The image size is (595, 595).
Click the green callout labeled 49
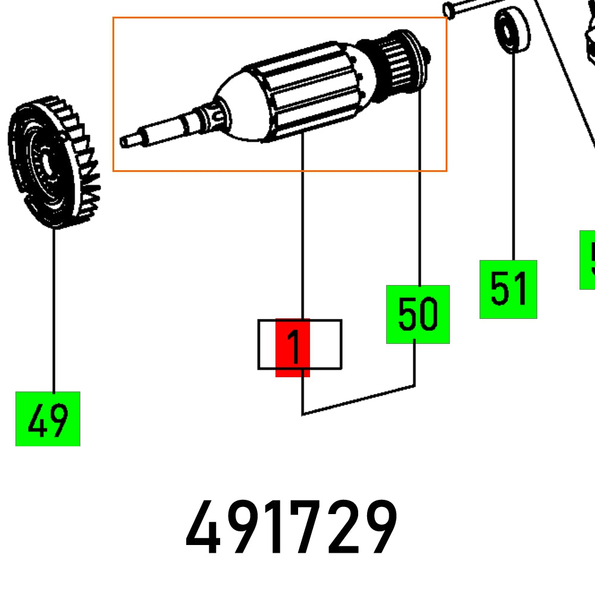(x=48, y=418)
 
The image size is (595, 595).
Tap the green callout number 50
(x=418, y=314)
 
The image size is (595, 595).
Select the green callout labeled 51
(x=508, y=289)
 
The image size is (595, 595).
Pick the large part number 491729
(x=292, y=528)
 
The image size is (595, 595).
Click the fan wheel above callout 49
(x=54, y=167)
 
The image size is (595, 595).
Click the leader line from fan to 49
(x=54, y=309)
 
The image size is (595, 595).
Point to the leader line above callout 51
(x=513, y=155)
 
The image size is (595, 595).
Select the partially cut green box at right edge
(x=588, y=260)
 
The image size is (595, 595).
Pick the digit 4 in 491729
(x=204, y=528)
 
